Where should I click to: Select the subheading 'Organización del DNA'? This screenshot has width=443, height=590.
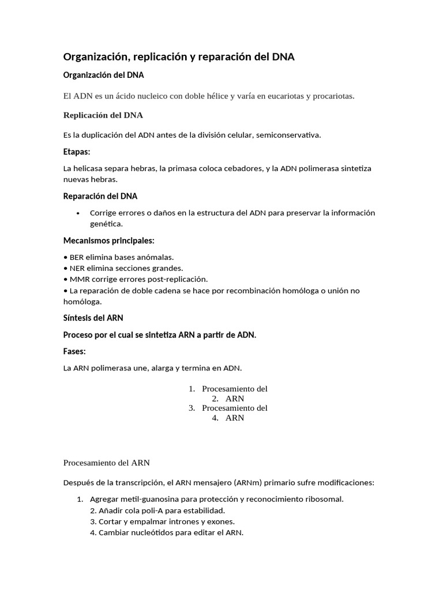pos(103,75)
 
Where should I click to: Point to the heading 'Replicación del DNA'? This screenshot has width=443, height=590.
pos(103,115)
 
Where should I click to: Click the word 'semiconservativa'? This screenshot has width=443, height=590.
pos(286,135)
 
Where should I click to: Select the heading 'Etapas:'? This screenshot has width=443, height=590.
pos(77,152)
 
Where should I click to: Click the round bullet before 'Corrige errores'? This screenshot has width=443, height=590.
pos(78,213)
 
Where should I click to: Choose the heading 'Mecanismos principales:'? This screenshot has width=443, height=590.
pos(108,240)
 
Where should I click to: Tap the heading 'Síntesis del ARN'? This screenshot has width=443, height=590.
pos(93,318)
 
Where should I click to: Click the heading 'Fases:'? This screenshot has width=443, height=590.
pos(74,351)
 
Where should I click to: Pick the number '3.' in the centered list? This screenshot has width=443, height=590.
pos(192,409)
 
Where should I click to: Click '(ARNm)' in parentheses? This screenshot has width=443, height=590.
pos(250,483)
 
